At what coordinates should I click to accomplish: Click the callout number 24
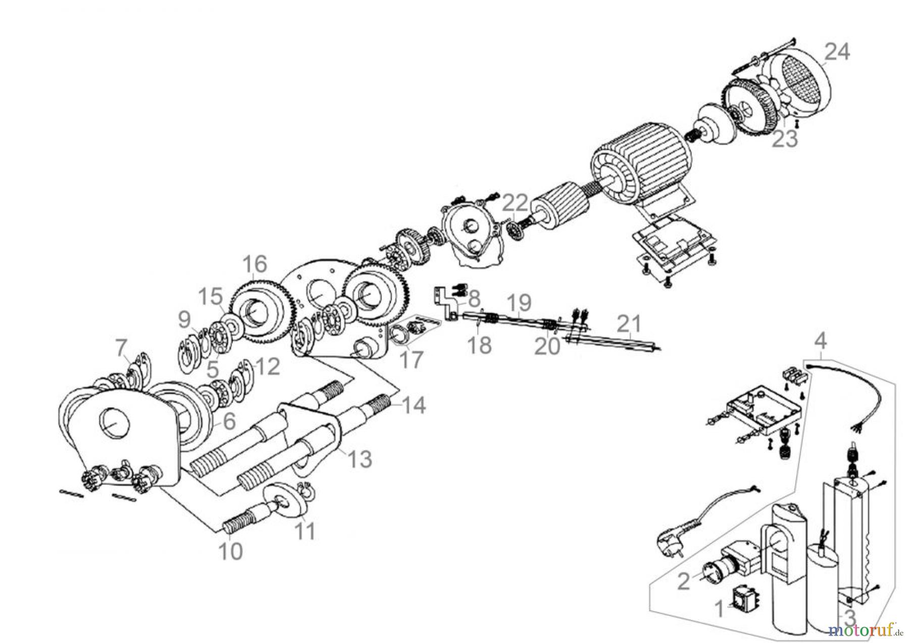[x=837, y=52]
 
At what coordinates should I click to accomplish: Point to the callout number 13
[x=360, y=459]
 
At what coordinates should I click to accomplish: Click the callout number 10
[x=230, y=552]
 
